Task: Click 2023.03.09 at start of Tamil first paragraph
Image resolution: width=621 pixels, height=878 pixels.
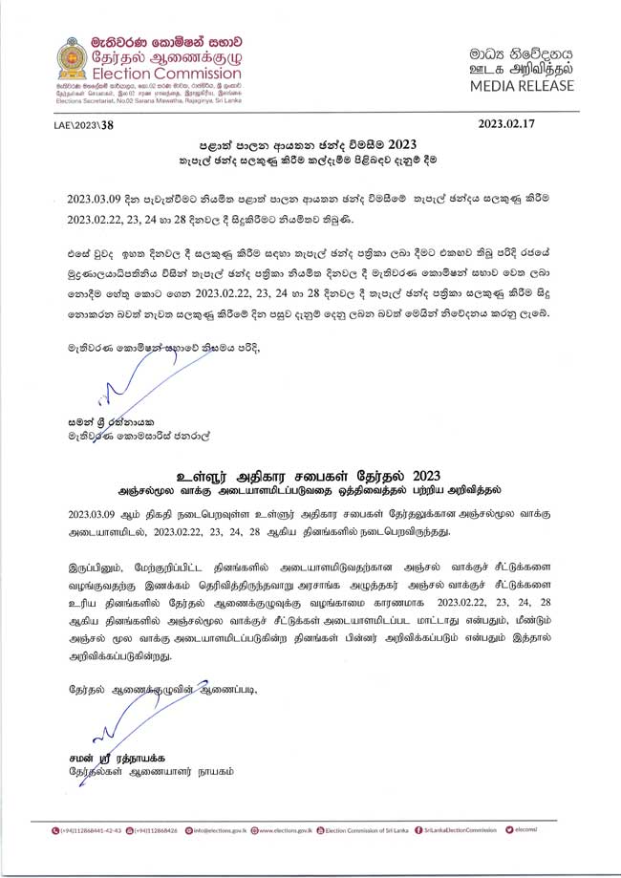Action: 94,512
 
